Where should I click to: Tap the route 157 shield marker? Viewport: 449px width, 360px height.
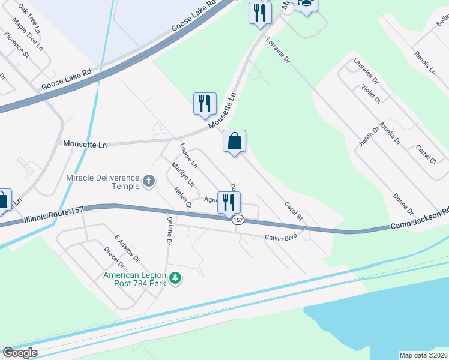pyautogui.click(x=238, y=220)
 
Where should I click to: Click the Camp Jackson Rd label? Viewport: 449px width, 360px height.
pyautogui.click(x=419, y=220)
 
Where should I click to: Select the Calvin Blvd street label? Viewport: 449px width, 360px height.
pyautogui.click(x=281, y=238)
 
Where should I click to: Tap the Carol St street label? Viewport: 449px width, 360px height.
pyautogui.click(x=294, y=210)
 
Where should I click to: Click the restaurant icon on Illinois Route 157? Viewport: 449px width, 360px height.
pyautogui.click(x=228, y=202)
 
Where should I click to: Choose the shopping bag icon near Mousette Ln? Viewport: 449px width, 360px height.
pyautogui.click(x=234, y=142)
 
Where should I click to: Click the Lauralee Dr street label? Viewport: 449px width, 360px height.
pyautogui.click(x=366, y=70)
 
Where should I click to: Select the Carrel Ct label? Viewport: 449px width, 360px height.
pyautogui.click(x=425, y=154)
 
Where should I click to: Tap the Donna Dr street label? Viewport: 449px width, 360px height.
pyautogui.click(x=403, y=204)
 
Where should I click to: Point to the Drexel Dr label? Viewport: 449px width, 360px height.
pyautogui.click(x=113, y=257)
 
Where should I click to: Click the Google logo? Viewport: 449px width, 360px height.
pyautogui.click(x=20, y=353)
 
